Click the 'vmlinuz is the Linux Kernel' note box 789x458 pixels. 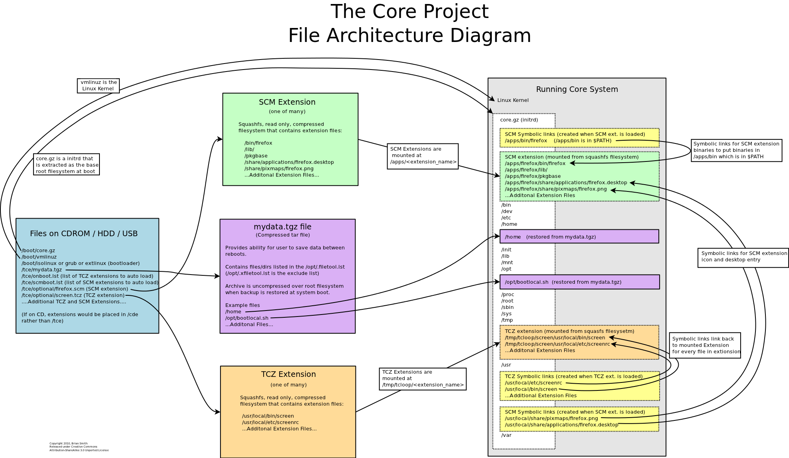click(98, 86)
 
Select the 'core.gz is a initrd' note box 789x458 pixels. click(66, 165)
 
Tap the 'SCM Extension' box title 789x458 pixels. click(287, 102)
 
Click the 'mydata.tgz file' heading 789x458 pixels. click(282, 227)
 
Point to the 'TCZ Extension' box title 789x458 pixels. click(288, 374)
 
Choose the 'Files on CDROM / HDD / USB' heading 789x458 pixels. click(83, 234)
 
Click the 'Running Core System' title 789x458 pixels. click(577, 90)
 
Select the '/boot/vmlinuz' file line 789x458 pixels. click(39, 257)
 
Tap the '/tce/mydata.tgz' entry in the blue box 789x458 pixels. click(42, 270)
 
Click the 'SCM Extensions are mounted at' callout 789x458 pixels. click(423, 156)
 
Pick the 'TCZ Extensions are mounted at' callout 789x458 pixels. click(423, 378)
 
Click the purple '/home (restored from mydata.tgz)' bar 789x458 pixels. click(579, 237)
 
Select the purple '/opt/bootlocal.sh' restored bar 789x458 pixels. click(579, 282)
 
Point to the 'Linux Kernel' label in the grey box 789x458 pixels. click(513, 100)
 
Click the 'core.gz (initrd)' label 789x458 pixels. click(519, 120)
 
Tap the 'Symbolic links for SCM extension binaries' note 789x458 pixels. click(736, 150)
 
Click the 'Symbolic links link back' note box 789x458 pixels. click(705, 345)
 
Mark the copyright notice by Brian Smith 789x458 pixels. click(79, 447)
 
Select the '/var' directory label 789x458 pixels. click(506, 435)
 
